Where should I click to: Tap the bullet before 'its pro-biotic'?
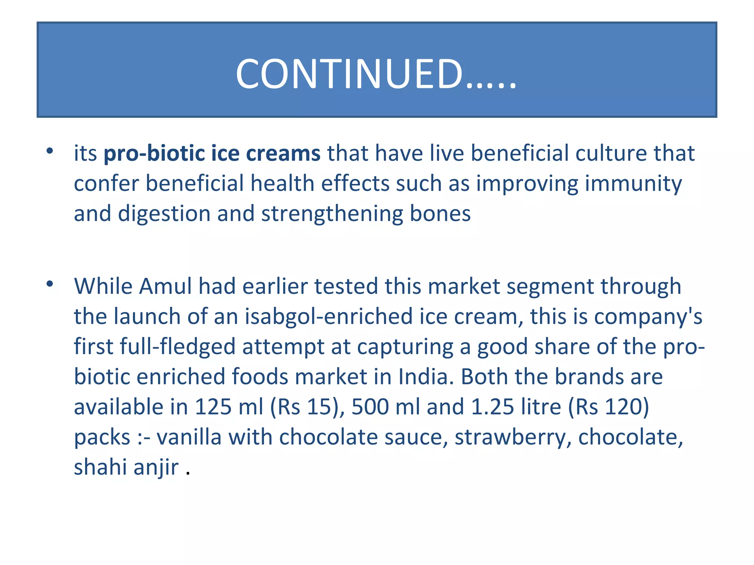point(50,151)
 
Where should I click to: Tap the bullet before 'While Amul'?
point(50,284)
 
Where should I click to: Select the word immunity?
point(633,184)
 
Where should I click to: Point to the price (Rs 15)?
point(307,407)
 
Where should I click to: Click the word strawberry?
point(512,438)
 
